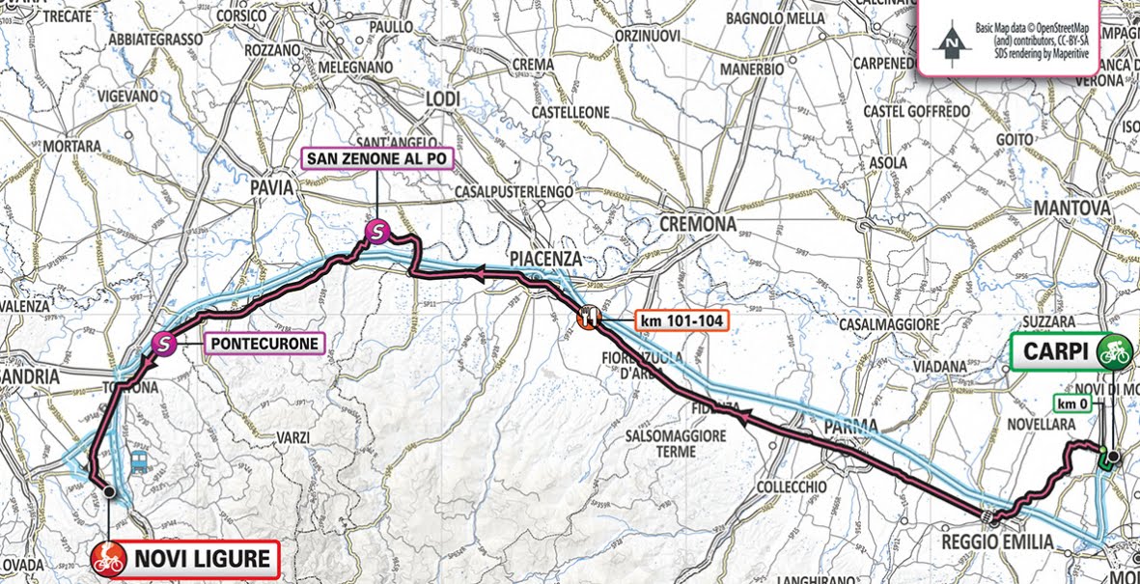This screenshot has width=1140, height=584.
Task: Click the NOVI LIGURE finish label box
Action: pos(183,557)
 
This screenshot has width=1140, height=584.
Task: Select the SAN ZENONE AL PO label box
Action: pos(376,156)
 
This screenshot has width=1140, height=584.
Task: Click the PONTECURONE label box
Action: pos(260,342)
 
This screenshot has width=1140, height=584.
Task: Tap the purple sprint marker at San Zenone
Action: pos(376,231)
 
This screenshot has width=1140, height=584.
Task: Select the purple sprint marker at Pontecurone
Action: pos(165,342)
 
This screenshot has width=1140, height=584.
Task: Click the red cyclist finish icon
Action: pos(109,558)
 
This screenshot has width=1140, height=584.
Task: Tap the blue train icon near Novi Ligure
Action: pos(137,459)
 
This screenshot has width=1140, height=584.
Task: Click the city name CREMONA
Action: pos(698,224)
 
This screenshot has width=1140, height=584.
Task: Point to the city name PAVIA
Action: pos(271,189)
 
